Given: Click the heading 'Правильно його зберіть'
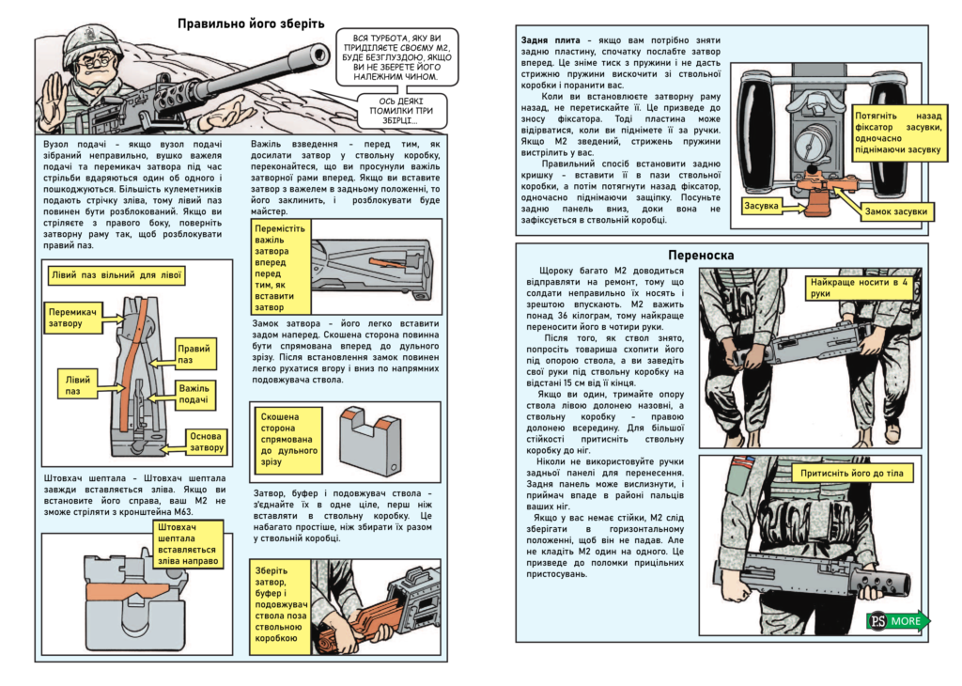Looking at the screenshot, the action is tap(251, 23).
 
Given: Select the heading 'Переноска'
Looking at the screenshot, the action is tap(701, 256).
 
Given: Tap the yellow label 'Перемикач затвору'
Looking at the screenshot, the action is tap(73, 318).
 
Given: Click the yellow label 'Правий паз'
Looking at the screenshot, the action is tap(194, 354).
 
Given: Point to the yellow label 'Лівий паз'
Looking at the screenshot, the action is tap(77, 384).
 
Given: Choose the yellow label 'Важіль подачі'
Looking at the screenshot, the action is tap(194, 394).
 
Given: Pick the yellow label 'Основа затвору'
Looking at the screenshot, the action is tap(206, 442).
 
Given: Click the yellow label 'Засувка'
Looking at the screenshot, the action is tap(761, 206).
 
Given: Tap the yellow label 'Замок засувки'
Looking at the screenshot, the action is tap(895, 211).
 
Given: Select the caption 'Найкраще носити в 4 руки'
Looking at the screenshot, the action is tap(859, 288).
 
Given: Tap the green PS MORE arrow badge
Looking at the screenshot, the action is tap(898, 621).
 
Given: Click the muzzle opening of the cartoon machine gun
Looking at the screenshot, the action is tap(319, 55).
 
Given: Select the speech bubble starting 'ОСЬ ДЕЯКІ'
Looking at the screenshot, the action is tap(401, 111).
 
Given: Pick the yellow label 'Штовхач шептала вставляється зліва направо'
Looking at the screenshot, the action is tap(188, 544).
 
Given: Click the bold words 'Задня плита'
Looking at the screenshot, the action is tap(551, 40).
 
